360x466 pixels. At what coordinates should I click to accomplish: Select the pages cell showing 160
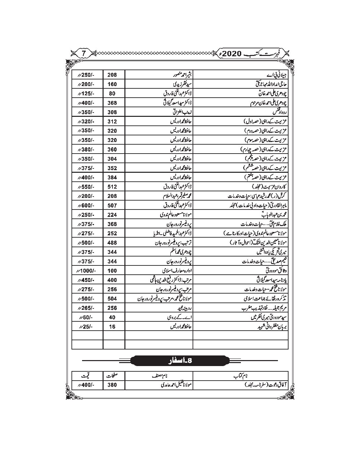tap(112, 84)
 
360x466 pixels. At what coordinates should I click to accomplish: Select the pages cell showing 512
tap(112, 187)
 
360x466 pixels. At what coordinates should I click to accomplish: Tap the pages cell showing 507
tap(112, 205)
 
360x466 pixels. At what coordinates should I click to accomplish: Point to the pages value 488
tap(112, 243)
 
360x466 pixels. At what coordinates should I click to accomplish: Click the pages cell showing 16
tap(112, 327)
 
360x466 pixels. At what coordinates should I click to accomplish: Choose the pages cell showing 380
tap(112, 385)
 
